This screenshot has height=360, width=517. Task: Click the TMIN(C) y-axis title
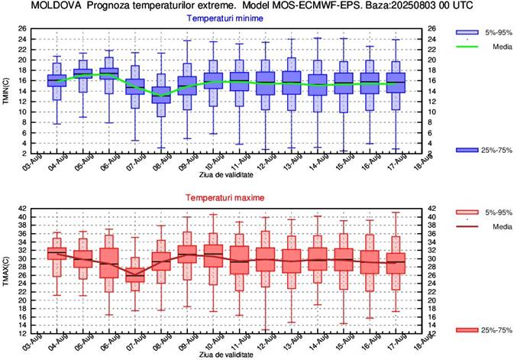tap(6, 91)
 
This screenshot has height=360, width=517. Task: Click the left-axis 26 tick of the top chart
tap(23, 29)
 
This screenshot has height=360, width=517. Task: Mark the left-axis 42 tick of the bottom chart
tap(23, 208)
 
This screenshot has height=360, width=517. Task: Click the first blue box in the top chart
tap(57, 80)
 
